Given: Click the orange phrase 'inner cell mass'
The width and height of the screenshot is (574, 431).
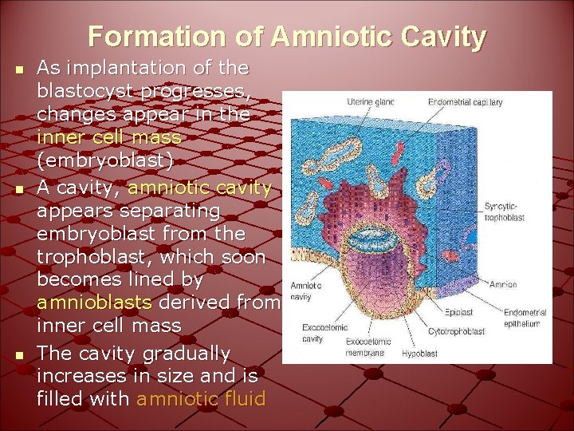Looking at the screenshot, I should point(109,137).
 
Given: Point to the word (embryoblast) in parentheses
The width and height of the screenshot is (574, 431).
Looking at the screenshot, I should point(104,160).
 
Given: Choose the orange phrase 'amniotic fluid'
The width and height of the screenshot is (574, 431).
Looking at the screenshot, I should point(200,398).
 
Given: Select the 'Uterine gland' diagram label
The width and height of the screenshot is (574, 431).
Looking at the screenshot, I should point(370,102).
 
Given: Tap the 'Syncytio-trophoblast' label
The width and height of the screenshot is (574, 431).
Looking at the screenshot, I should point(505,212).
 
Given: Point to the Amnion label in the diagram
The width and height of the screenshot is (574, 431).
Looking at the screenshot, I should point(504,284).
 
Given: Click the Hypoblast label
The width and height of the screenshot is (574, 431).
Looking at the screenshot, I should point(419,352).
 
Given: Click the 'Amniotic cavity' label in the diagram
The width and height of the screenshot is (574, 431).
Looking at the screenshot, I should point(305,291).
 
